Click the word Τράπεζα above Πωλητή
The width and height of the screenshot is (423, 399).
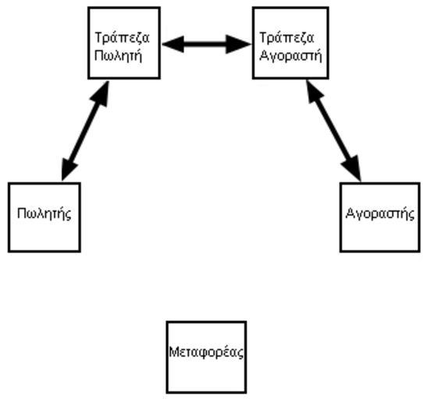(x=122, y=37)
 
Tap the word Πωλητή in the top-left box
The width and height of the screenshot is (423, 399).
(x=118, y=56)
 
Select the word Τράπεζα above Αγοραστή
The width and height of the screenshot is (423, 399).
(x=286, y=37)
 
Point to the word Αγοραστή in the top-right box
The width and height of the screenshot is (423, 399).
(x=290, y=56)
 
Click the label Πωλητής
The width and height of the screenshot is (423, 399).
(x=44, y=214)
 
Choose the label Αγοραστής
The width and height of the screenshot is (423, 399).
(x=380, y=214)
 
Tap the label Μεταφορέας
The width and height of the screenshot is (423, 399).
(x=206, y=352)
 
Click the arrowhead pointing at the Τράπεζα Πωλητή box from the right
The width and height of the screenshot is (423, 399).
(x=172, y=44)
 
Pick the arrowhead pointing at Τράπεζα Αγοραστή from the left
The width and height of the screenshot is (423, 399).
(x=239, y=44)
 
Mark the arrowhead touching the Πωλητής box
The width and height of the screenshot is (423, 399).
(x=68, y=169)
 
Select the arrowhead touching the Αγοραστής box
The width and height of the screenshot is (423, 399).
(x=353, y=168)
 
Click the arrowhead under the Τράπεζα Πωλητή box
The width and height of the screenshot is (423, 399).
(x=101, y=94)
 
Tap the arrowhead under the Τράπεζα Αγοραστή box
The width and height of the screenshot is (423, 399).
(x=314, y=91)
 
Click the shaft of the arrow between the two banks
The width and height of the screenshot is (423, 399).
(x=204, y=44)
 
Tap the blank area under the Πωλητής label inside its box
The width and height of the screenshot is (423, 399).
(x=44, y=236)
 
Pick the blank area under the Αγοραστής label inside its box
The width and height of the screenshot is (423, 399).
(x=380, y=235)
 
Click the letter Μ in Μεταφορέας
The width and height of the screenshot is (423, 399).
(x=173, y=351)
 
